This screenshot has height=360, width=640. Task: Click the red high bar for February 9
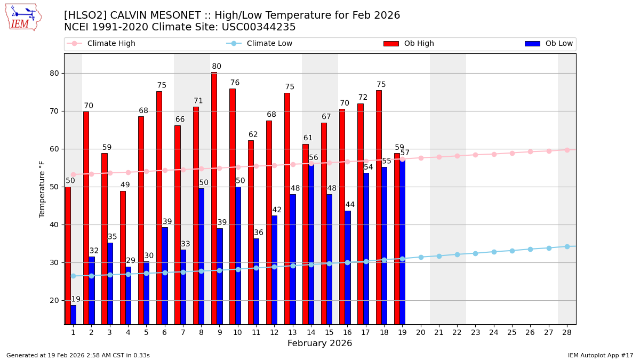[x=214, y=197]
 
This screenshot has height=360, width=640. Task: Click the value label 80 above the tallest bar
[x=217, y=67]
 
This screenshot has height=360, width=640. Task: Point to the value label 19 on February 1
[x=76, y=300]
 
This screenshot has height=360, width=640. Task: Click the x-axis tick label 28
[x=567, y=332]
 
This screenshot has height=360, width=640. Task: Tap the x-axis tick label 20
[x=421, y=332]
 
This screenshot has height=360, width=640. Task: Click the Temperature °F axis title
[x=43, y=189]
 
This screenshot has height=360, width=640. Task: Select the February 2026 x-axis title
[x=320, y=343]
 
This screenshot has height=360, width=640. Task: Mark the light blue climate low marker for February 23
[x=475, y=253]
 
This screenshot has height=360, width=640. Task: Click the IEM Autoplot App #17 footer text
[x=601, y=355]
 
